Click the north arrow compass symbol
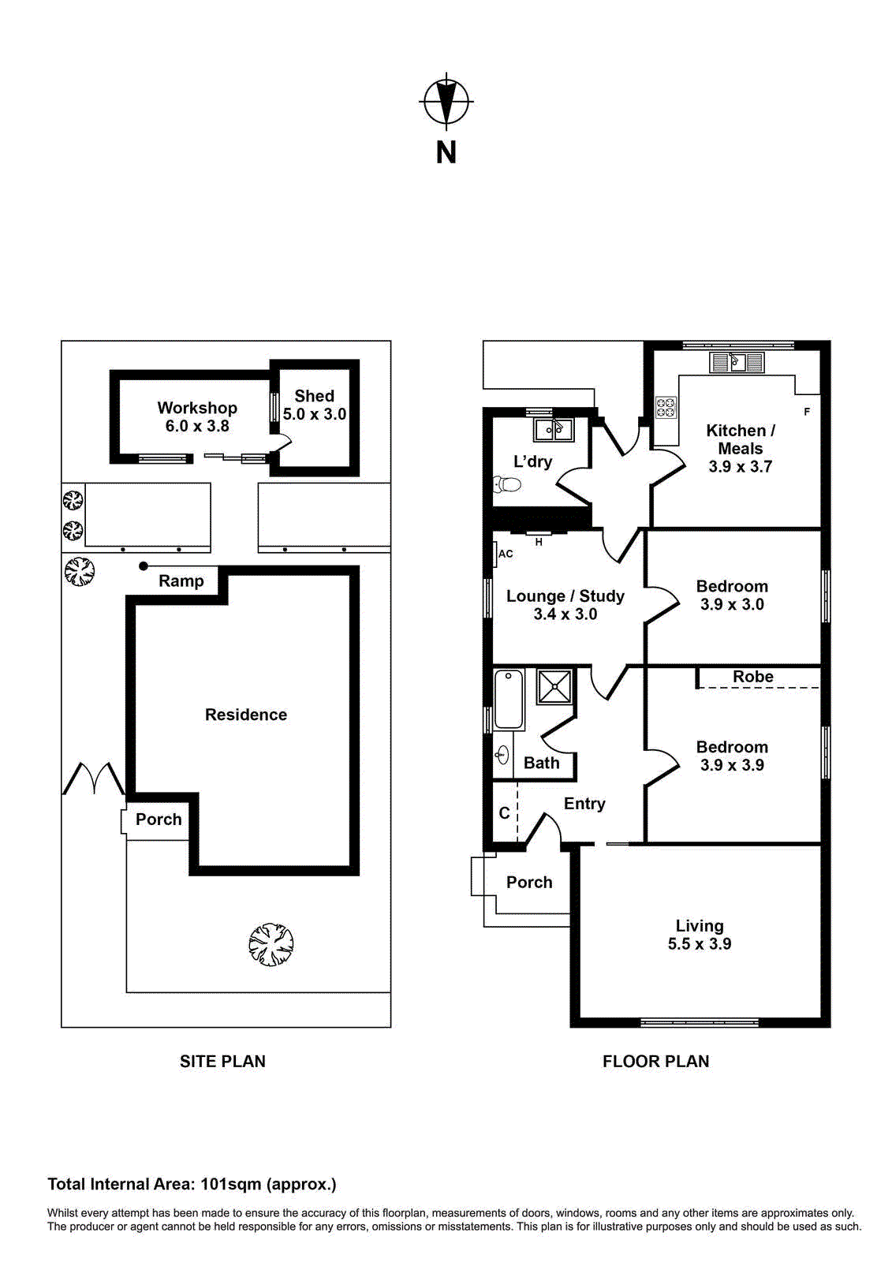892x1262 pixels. [446, 102]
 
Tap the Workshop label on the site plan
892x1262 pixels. [197, 408]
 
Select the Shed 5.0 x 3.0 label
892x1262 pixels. [315, 405]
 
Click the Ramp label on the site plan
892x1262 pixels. [181, 581]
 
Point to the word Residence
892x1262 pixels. [246, 715]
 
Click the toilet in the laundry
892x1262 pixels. [506, 484]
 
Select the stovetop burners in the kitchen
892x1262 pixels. [666, 407]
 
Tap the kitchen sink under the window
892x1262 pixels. [737, 362]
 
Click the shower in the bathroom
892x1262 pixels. [555, 686]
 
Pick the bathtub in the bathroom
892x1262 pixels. [509, 699]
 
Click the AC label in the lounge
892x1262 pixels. [506, 554]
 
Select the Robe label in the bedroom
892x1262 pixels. [752, 677]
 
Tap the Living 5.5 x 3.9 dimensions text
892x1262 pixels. [700, 944]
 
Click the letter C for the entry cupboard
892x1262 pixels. [505, 812]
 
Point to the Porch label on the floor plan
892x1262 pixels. [529, 883]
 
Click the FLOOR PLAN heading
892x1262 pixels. [655, 1062]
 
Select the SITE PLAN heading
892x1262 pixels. [222, 1062]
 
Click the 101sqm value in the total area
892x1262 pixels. [230, 1184]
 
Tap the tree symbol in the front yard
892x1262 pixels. [271, 944]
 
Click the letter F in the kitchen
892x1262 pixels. [807, 412]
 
